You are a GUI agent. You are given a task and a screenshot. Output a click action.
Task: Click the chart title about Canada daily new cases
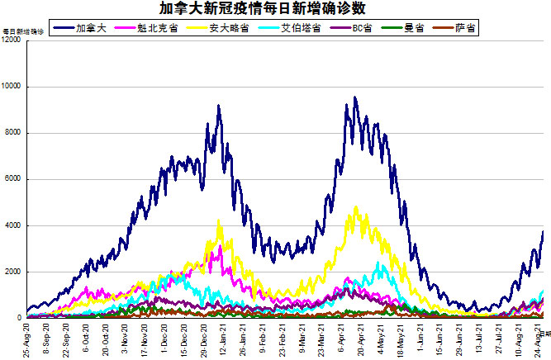pyautogui.click(x=275, y=9)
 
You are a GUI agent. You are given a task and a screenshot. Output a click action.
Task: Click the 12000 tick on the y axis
pyautogui.click(x=12, y=40)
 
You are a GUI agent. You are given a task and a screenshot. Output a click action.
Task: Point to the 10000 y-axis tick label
pyautogui.click(x=12, y=87)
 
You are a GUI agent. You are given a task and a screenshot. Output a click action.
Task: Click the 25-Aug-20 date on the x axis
pyautogui.click(x=27, y=339)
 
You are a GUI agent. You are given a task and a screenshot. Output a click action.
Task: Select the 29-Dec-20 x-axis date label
pyautogui.click(x=203, y=339)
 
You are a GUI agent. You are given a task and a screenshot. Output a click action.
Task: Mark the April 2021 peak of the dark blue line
pyautogui.click(x=354, y=98)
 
